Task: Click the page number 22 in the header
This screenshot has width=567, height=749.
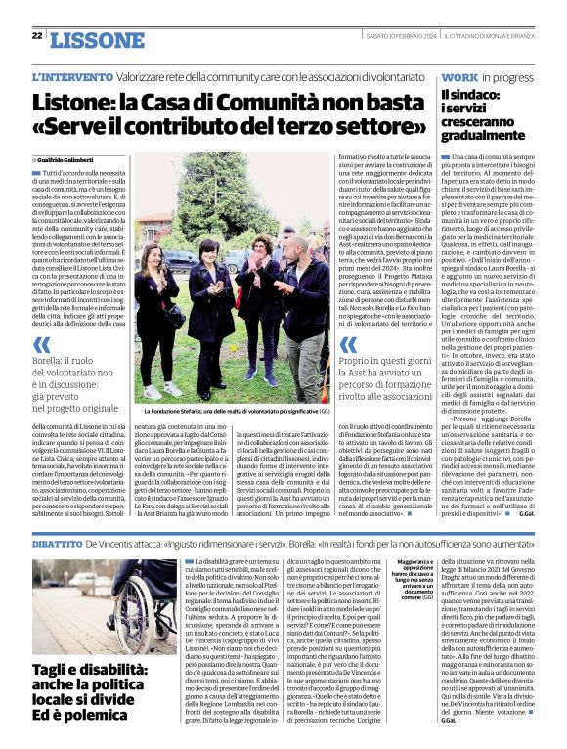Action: click(x=36, y=36)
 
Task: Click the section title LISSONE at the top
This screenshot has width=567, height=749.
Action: click(x=95, y=39)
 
